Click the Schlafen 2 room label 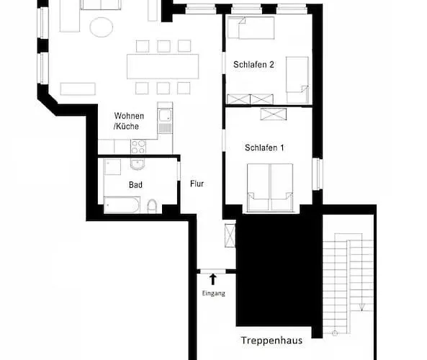click(x=253, y=65)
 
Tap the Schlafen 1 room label click(x=264, y=148)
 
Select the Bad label click(x=135, y=185)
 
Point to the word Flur click(x=197, y=184)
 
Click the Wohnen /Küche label click(x=129, y=121)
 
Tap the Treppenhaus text click(x=271, y=341)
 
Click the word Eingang click(x=213, y=294)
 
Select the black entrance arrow click(x=213, y=279)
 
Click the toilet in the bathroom click(x=152, y=206)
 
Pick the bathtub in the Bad click(x=122, y=204)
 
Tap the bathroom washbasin click(x=138, y=164)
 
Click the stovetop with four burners click(x=138, y=147)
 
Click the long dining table click(x=163, y=67)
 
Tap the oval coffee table click(x=102, y=27)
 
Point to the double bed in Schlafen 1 click(x=270, y=188)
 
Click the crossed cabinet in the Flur click(x=230, y=235)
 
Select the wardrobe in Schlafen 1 click(x=274, y=114)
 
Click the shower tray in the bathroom click(x=112, y=166)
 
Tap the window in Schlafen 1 click(x=318, y=174)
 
